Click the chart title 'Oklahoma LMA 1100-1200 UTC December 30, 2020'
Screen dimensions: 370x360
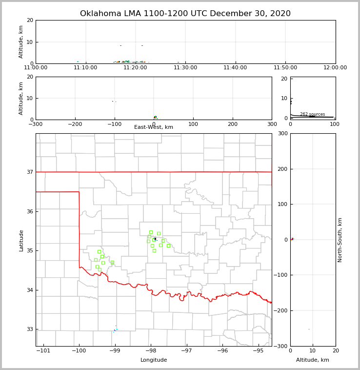(185, 14)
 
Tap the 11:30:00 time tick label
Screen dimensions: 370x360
(185, 67)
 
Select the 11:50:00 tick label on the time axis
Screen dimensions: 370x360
(285, 67)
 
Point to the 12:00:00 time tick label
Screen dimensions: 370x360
(335, 67)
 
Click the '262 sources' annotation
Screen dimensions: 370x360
(312, 114)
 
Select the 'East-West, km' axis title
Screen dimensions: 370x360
(154, 127)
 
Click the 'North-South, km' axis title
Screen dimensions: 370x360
(340, 240)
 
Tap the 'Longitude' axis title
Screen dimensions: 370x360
(154, 360)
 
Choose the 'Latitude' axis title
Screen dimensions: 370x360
(21, 240)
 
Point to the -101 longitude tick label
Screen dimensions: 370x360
(43, 350)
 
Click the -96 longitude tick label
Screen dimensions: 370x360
(222, 350)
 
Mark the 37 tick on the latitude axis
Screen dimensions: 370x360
(30, 172)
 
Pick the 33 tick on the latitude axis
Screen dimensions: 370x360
(30, 329)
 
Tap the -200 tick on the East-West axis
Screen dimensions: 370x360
(75, 124)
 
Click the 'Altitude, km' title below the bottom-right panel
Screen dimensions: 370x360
(313, 360)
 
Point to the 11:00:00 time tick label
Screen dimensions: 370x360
(36, 67)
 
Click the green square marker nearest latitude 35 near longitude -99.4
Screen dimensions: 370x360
(99, 252)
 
